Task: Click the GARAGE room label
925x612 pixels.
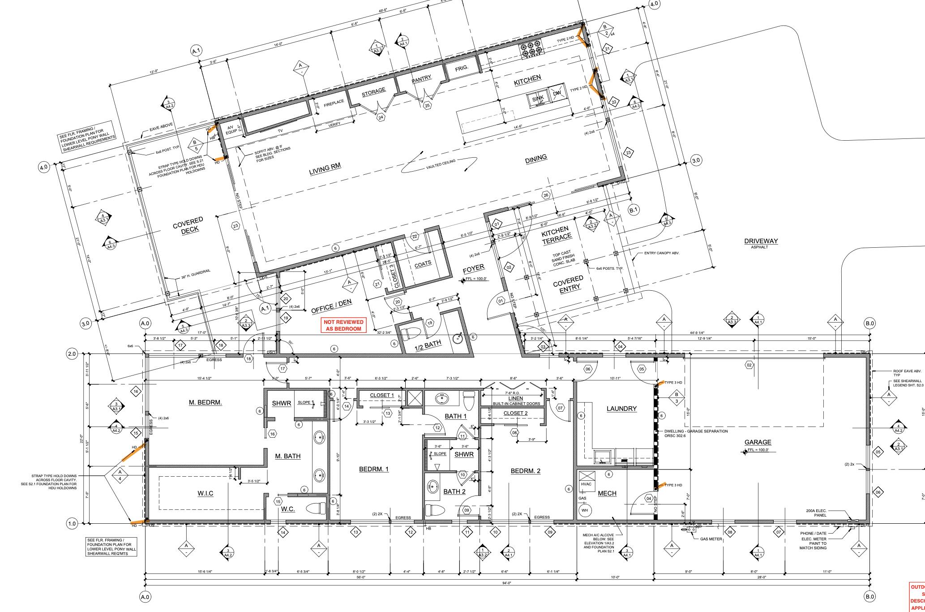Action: coord(758,442)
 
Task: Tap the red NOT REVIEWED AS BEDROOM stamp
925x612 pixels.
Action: coord(344,326)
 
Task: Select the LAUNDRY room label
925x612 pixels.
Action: coord(621,409)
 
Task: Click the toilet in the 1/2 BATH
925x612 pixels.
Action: coord(411,334)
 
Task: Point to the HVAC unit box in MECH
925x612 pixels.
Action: coord(586,484)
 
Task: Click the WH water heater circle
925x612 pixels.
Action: coord(584,510)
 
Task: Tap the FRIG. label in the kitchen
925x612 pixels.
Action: coord(462,69)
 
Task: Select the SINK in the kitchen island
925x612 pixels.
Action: coord(538,99)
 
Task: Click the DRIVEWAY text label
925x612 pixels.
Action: coord(761,241)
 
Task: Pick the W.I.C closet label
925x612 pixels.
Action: coord(205,493)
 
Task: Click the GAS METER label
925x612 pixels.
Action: coord(711,539)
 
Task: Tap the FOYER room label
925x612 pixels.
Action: coord(473,268)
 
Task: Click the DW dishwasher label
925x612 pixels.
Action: coord(557,94)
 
